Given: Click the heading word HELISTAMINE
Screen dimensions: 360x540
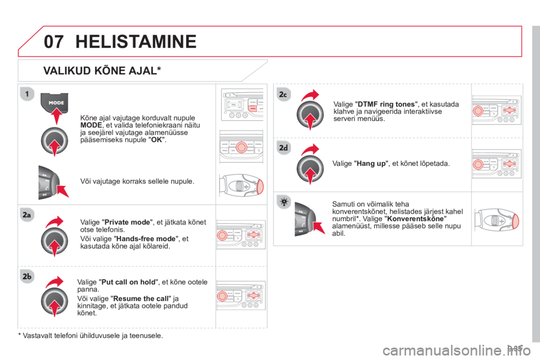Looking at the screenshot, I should [135, 41].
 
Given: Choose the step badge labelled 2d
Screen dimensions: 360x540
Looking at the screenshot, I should [282, 148].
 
